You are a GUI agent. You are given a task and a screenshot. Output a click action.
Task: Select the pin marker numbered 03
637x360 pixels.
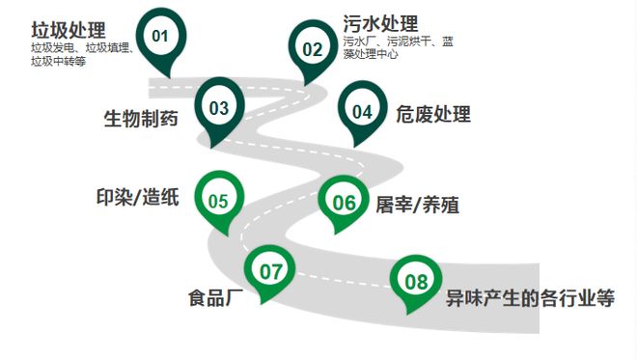click(219, 108)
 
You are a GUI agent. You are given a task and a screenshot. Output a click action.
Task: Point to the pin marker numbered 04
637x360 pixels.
click(362, 112)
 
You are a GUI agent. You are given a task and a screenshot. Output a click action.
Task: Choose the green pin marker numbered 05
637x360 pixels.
click(218, 201)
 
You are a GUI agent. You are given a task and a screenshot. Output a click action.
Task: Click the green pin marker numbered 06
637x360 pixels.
click(345, 203)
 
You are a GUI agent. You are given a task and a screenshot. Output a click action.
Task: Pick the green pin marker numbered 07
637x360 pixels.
click(271, 273)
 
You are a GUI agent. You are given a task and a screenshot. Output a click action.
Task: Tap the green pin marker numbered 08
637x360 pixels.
click(416, 282)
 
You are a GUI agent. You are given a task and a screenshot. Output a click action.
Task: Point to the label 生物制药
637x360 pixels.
click(141, 119)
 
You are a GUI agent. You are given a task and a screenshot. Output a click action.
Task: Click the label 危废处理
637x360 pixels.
click(433, 115)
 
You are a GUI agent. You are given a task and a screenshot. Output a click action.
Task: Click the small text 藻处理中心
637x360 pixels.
click(371, 54)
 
